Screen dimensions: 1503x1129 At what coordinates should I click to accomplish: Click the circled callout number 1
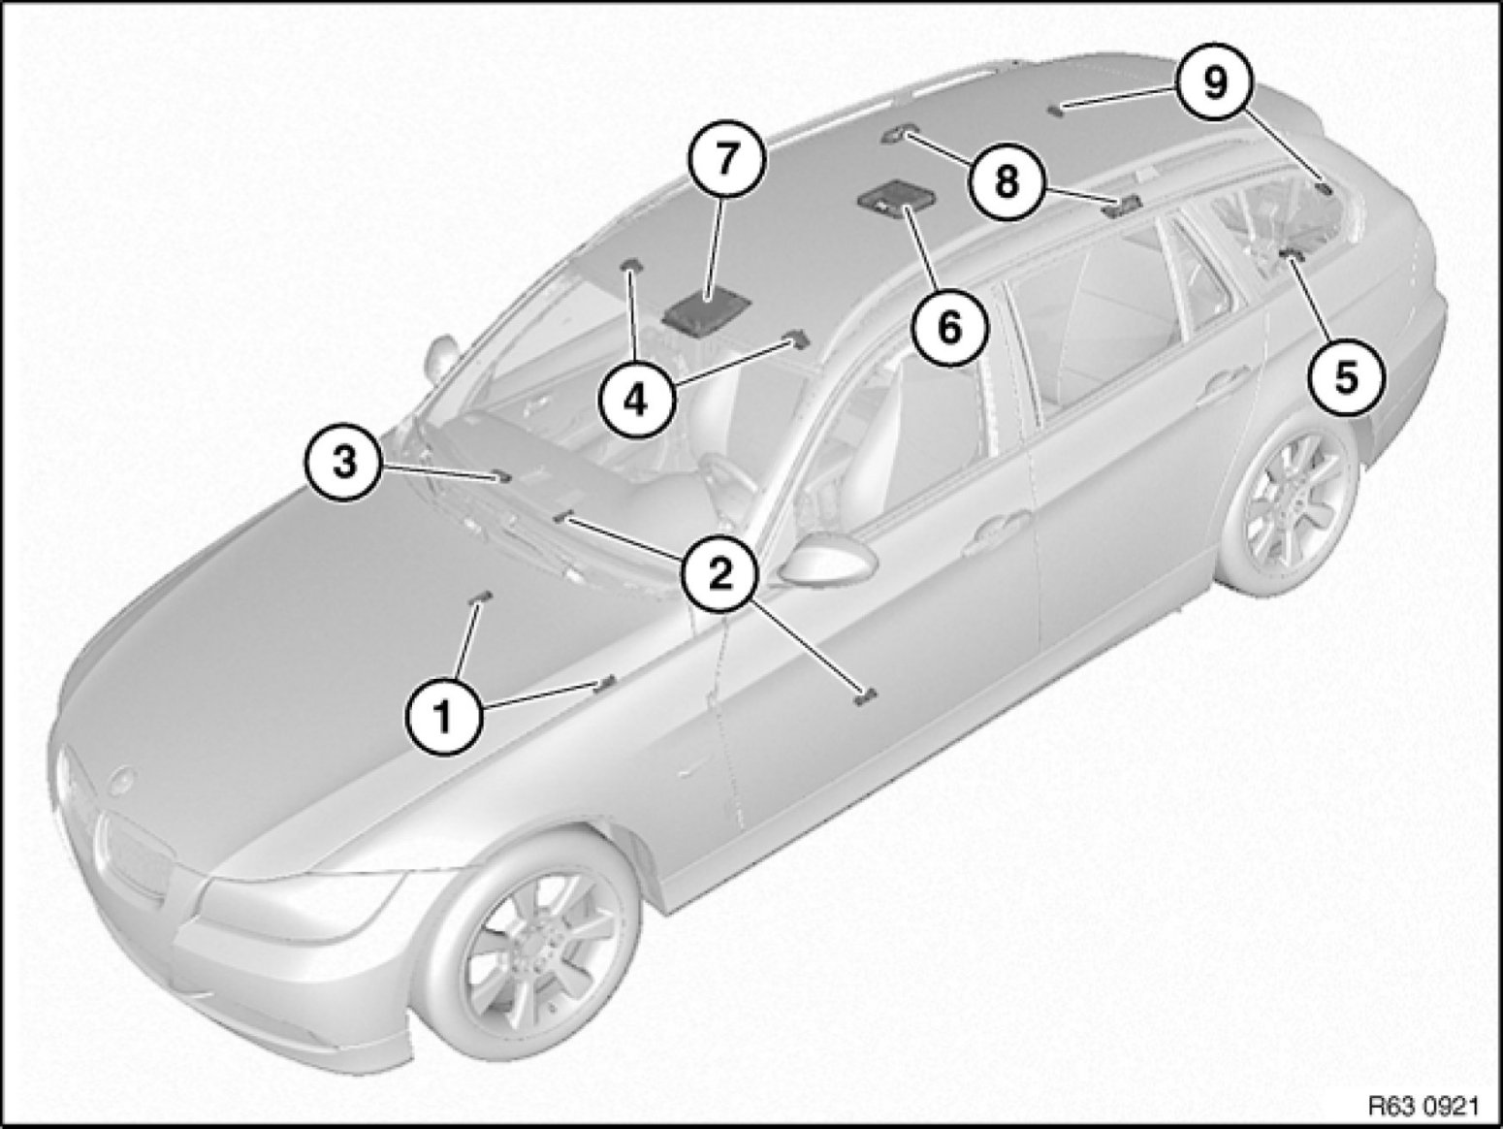(x=444, y=720)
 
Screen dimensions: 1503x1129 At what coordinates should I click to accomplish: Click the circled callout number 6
(x=949, y=330)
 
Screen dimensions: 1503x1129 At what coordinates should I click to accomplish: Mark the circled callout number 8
(x=1006, y=181)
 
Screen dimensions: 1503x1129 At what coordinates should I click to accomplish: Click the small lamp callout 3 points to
(x=501, y=475)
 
